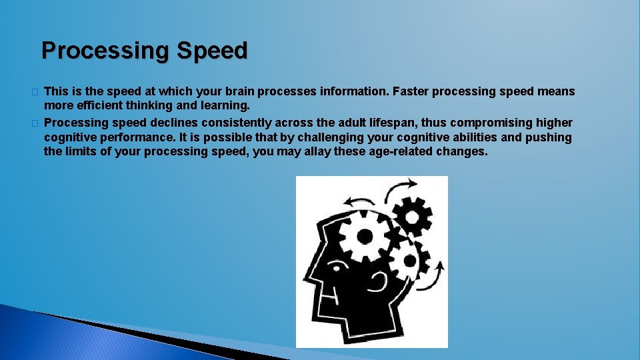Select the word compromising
coord(504,123)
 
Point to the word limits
coord(84,152)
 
